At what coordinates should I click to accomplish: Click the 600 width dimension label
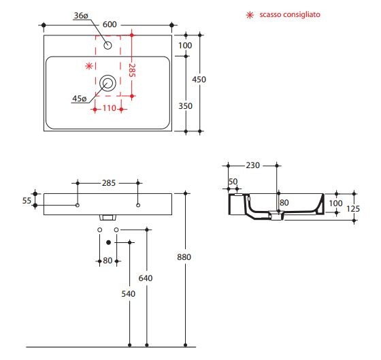109,24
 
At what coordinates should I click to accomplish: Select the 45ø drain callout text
80,99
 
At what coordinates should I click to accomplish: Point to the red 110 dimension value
110,108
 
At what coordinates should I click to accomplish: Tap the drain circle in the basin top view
107,84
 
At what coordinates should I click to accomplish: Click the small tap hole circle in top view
107,46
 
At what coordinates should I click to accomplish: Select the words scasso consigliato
284,14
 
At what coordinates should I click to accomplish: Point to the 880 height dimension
184,257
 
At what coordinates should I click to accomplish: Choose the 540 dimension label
129,293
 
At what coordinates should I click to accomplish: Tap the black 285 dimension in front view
109,183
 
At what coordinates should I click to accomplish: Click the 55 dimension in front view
27,200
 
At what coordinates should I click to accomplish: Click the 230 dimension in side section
254,165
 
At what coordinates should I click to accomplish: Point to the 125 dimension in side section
352,208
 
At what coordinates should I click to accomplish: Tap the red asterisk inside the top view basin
88,66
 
